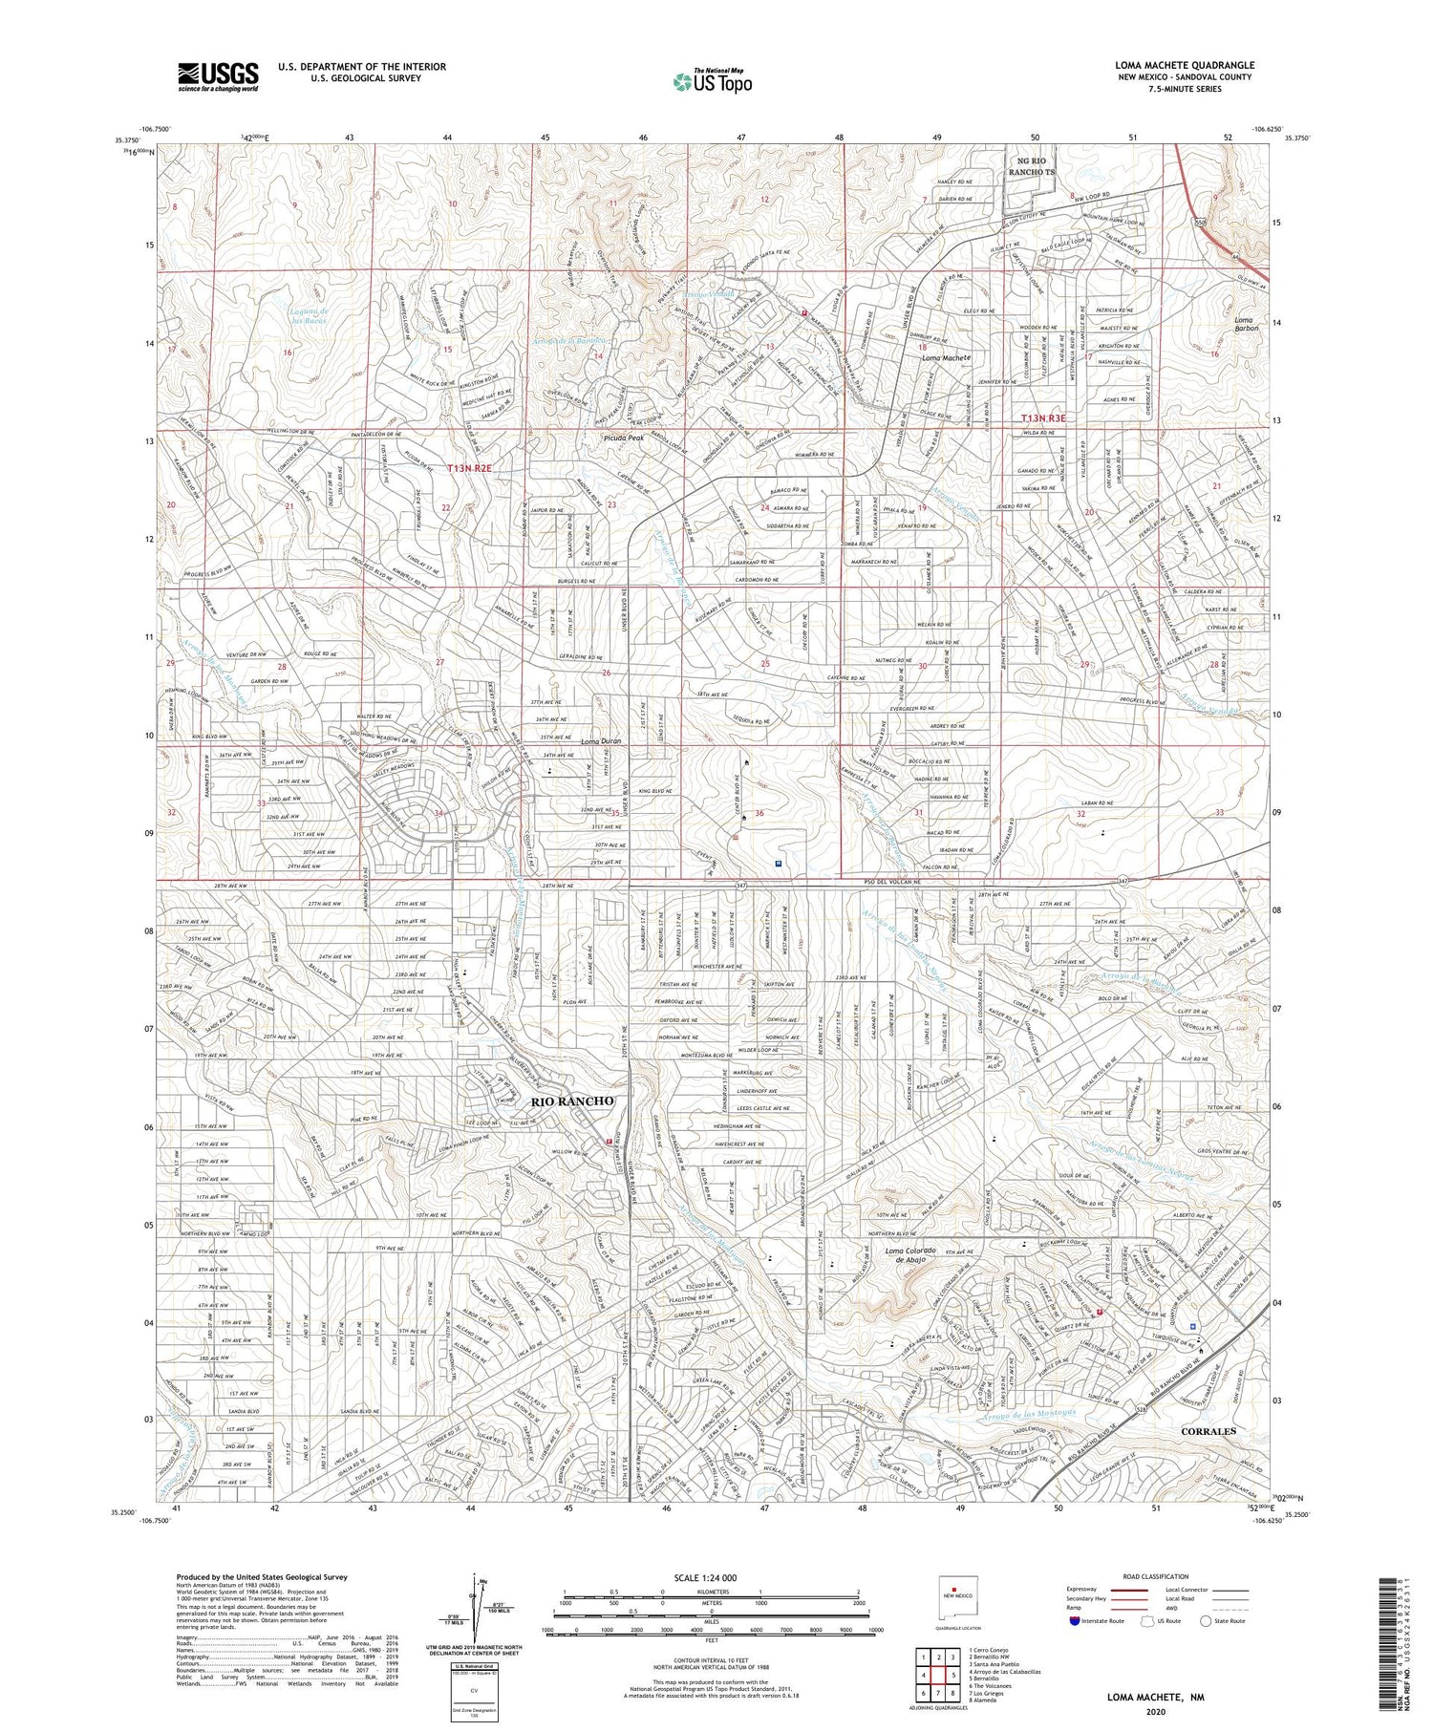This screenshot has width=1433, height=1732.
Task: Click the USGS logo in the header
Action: (x=218, y=76)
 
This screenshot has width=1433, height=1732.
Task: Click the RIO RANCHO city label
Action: (x=572, y=1101)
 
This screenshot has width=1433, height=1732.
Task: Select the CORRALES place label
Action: (x=1208, y=1430)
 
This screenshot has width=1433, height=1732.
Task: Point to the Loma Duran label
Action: (x=602, y=740)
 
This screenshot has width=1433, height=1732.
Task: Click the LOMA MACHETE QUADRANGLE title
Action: (x=1184, y=65)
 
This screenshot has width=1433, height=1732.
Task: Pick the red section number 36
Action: (x=759, y=813)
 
